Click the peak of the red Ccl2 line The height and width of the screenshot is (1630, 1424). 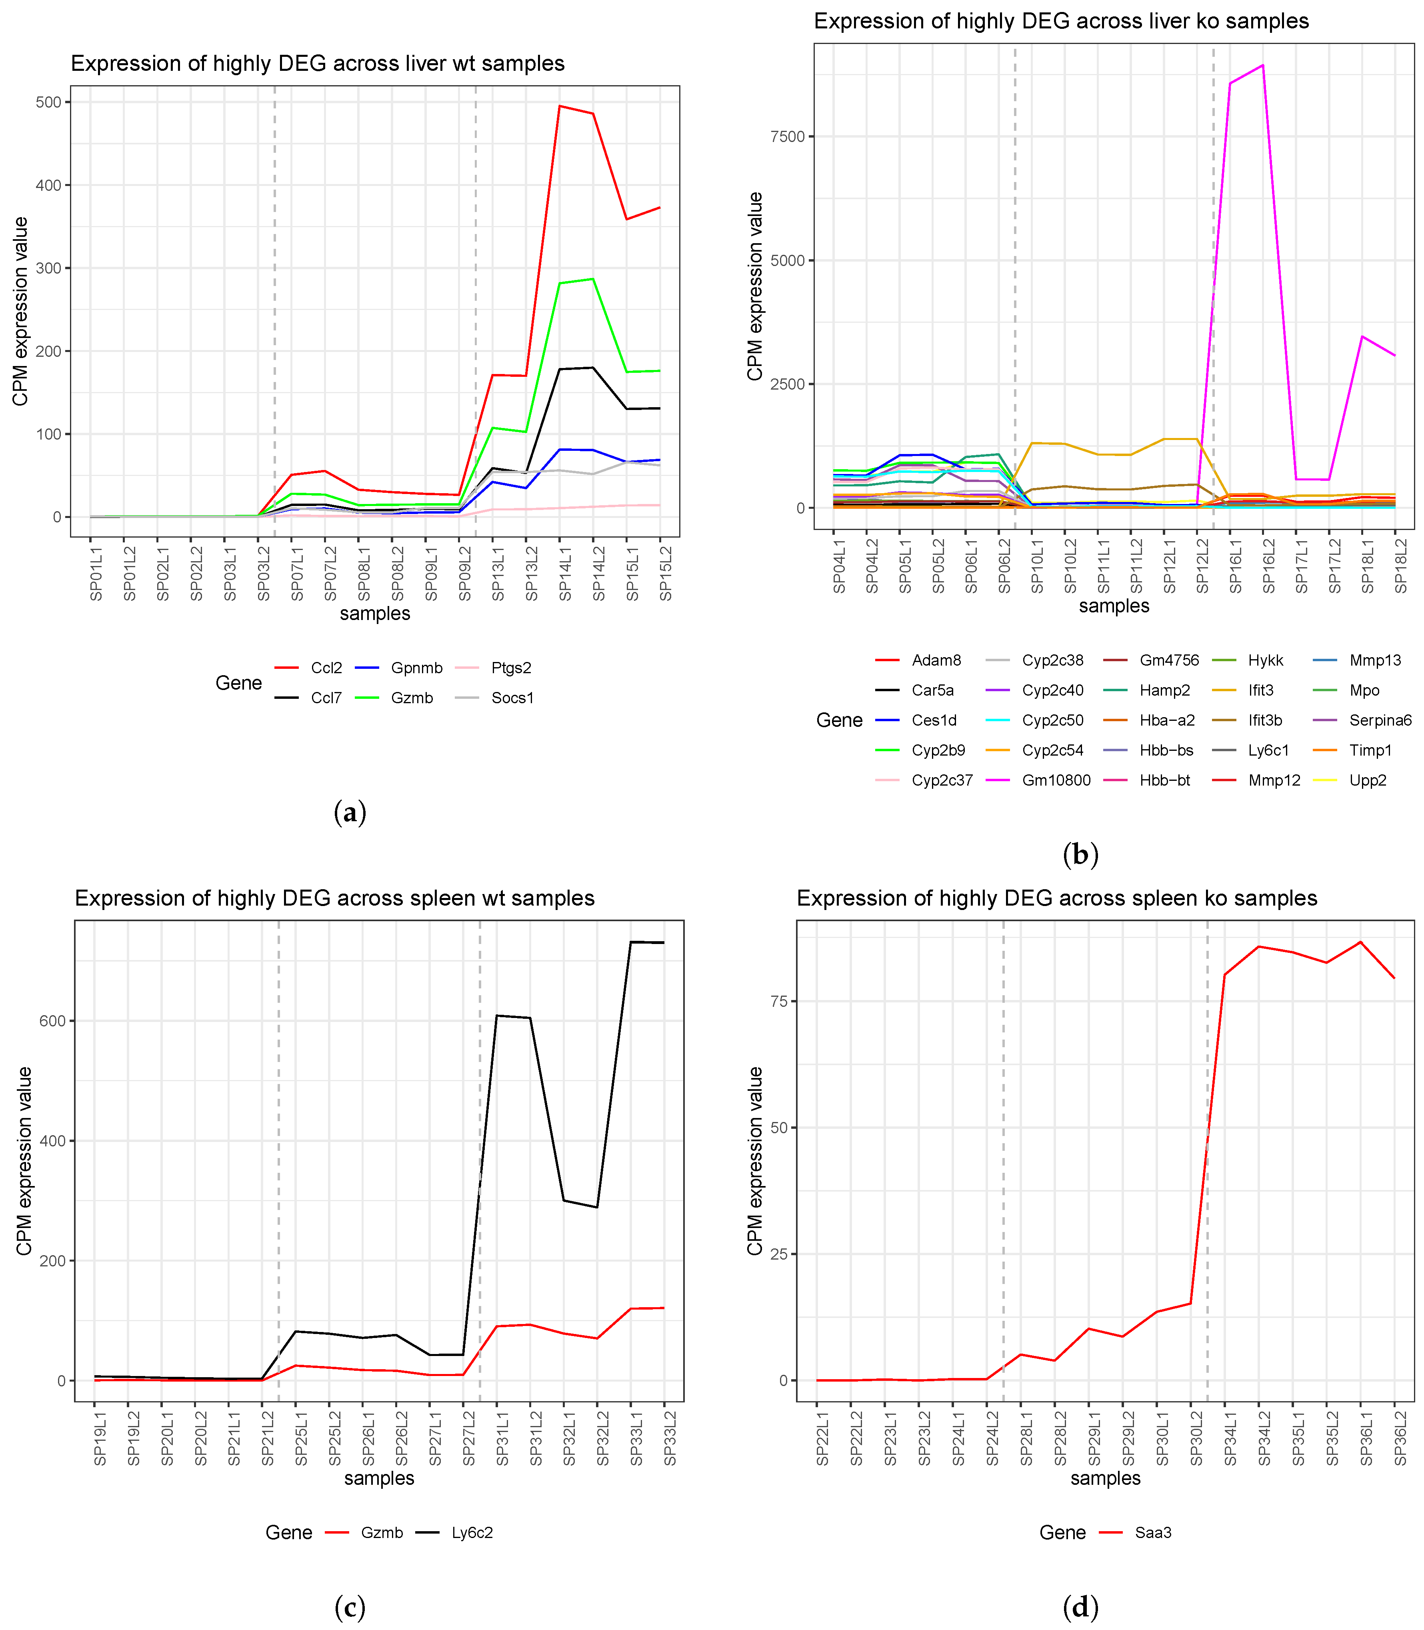click(x=560, y=106)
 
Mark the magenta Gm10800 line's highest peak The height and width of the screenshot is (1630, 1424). click(x=1263, y=65)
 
